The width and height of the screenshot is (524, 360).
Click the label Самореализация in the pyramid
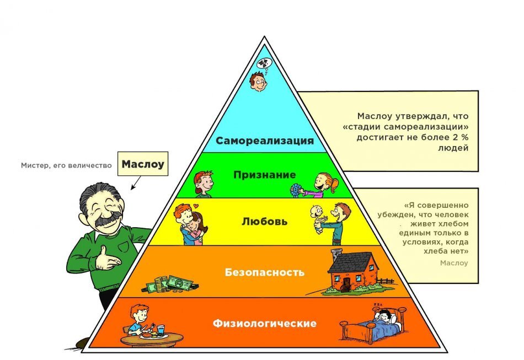[264, 141]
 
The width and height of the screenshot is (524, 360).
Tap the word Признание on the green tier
[264, 174]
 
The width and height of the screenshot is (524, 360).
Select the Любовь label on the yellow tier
[264, 222]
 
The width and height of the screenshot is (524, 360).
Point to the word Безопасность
[265, 272]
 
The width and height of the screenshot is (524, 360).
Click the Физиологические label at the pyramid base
[265, 323]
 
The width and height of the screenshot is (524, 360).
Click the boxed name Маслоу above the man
[143, 164]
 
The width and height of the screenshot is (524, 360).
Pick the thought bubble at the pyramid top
[266, 64]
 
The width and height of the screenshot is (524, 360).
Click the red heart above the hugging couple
[195, 206]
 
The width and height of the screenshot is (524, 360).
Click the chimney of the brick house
[335, 255]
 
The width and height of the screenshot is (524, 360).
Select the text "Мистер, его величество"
[66, 165]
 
